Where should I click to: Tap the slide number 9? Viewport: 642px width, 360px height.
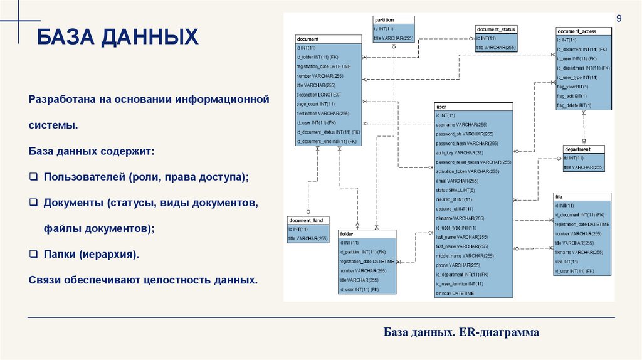point(619,19)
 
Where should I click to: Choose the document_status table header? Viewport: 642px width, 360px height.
point(496,29)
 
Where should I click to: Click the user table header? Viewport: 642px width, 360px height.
point(473,107)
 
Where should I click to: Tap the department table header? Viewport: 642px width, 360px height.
point(584,149)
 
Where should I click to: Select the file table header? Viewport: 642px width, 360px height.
point(582,197)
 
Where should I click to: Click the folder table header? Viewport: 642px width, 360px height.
point(367,234)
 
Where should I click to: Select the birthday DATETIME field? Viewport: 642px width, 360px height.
point(455,293)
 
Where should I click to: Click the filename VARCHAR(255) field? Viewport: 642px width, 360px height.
point(579,252)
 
